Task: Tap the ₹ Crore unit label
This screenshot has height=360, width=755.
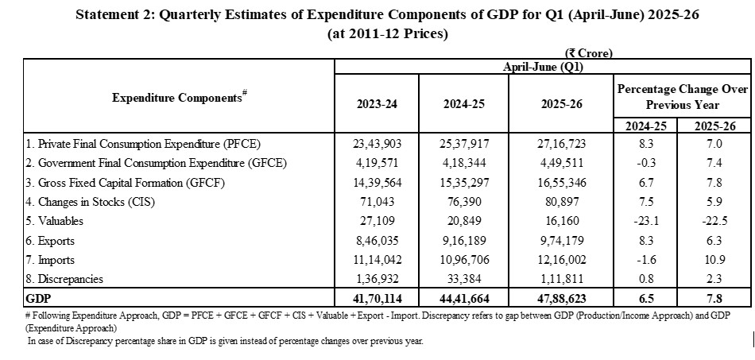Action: pos(590,53)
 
